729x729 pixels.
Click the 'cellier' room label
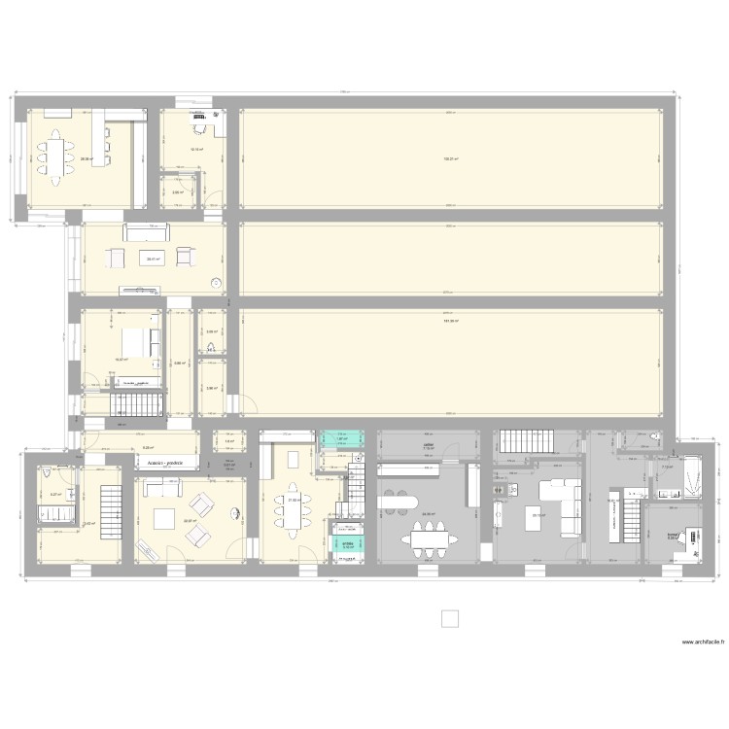(428, 446)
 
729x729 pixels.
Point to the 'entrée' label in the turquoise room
(347, 543)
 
